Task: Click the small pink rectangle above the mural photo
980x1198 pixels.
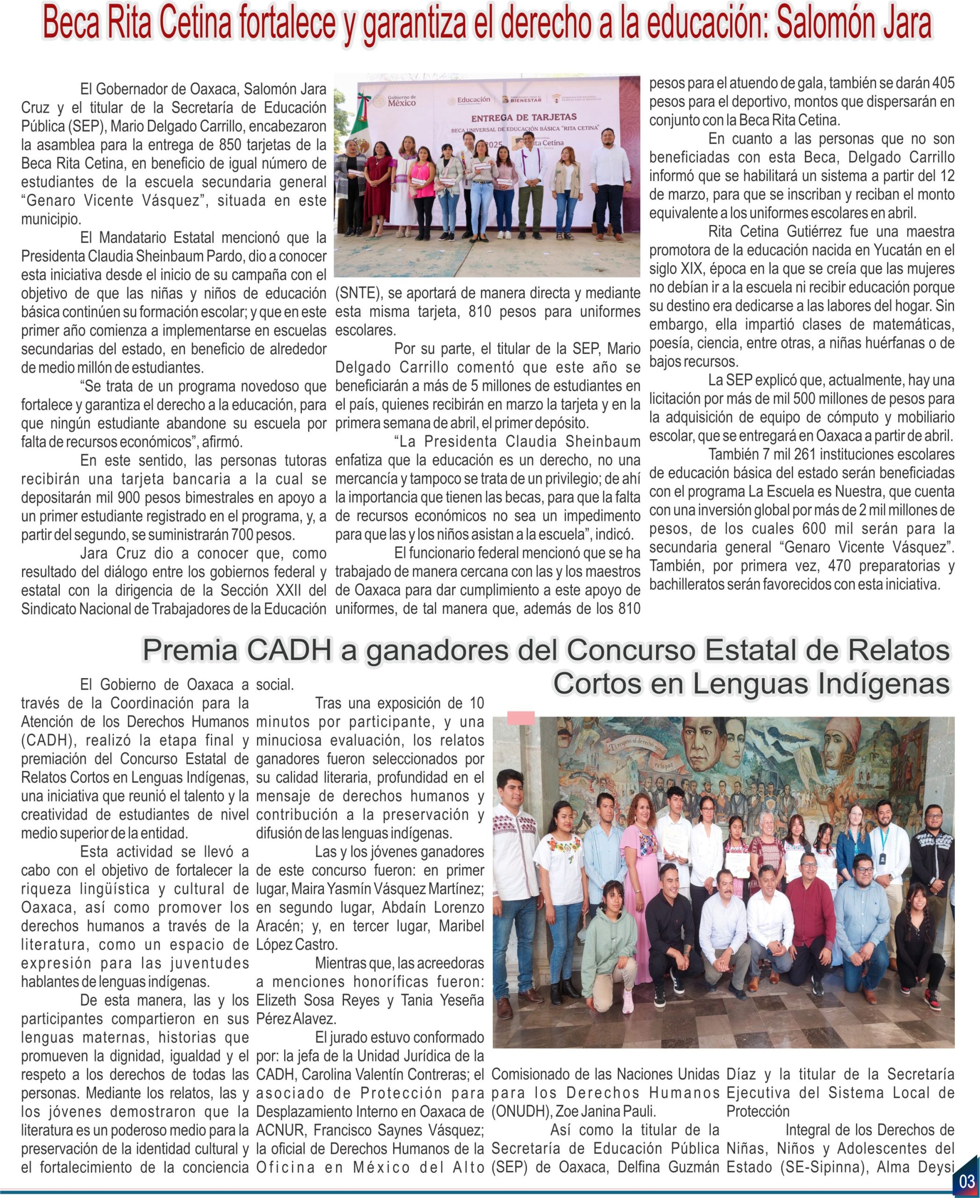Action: tap(520, 718)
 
